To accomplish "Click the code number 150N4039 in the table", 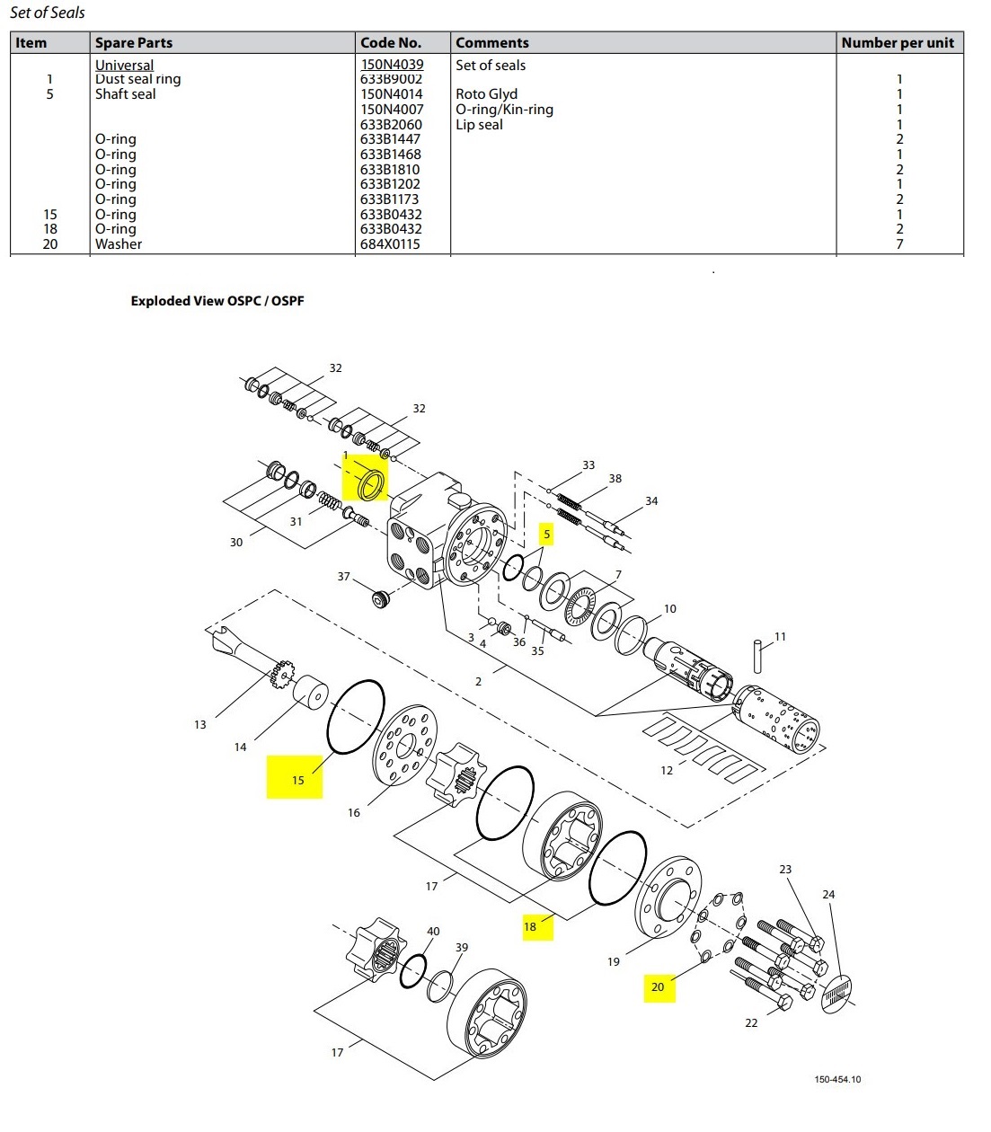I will tap(392, 65).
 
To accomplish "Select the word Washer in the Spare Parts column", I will tap(119, 244).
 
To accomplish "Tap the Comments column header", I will tap(491, 42).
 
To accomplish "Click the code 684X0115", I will tap(390, 244).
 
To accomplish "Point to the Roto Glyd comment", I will tap(486, 94).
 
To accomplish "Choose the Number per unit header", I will tap(898, 42).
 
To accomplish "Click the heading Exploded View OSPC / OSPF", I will tap(217, 301).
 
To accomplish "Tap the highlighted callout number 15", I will tap(297, 780).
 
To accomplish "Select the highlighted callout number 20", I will tap(658, 987).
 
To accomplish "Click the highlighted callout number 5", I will tap(546, 535).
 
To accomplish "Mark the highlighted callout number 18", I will tap(530, 926).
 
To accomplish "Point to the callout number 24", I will tap(828, 894).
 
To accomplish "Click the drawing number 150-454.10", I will tap(837, 1079).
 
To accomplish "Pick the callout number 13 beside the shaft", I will tap(199, 724).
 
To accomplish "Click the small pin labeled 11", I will tap(758, 655).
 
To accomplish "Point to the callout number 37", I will tap(343, 576).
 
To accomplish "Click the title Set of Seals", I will tap(48, 13).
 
